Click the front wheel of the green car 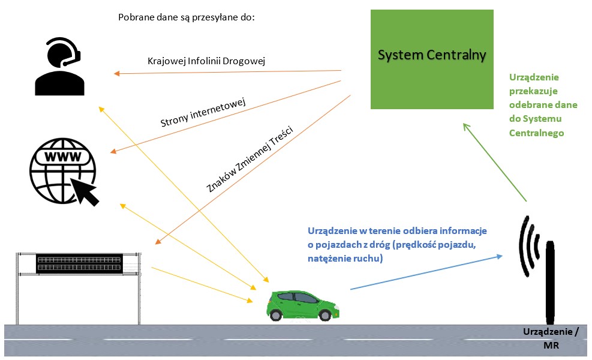(x=324, y=315)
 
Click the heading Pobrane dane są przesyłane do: (x=187, y=17)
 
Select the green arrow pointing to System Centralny (x=495, y=162)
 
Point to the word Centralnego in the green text (x=537, y=133)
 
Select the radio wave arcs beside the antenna (x=529, y=246)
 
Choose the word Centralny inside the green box (x=459, y=55)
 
